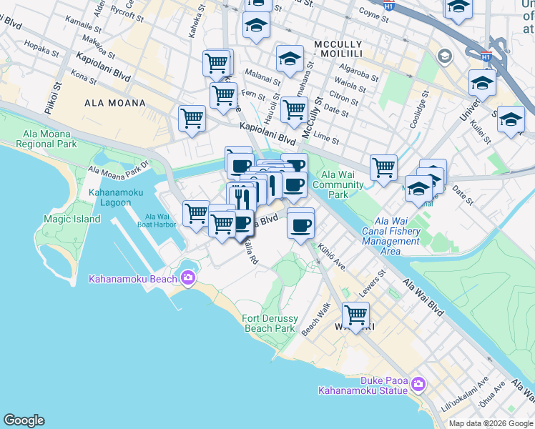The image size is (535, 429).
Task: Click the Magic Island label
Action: pos(72,219)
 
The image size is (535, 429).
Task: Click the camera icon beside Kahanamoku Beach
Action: pos(187,277)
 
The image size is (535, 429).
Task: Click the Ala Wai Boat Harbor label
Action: pos(156,221)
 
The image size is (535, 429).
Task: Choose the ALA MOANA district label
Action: pos(115,103)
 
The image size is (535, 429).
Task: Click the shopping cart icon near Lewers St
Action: pos(355,314)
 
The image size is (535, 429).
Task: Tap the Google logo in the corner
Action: pos(24,420)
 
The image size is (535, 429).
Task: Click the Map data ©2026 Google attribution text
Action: pos(490,423)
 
